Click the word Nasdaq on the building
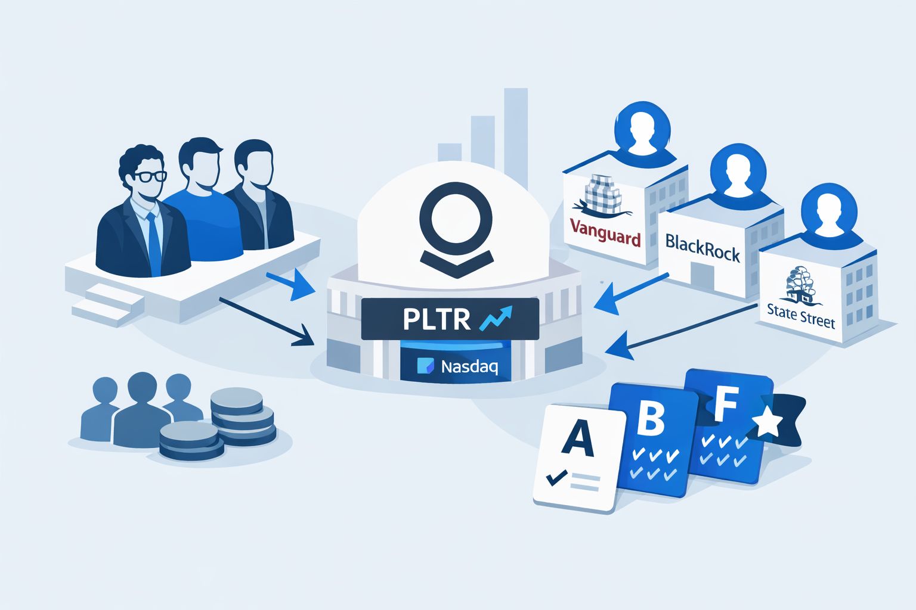tap(469, 366)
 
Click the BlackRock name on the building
tap(702, 247)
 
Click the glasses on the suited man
tap(150, 176)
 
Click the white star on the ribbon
tap(768, 422)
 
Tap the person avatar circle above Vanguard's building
tap(642, 129)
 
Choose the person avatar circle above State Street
tap(828, 210)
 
